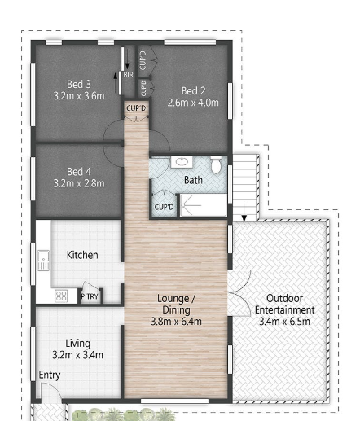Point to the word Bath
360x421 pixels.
[x=193, y=180]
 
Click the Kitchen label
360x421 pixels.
[x=82, y=255]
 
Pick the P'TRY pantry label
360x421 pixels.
[x=90, y=297]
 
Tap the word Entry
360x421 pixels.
[x=50, y=375]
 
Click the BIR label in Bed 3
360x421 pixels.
[x=128, y=76]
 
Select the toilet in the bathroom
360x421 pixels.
[x=216, y=164]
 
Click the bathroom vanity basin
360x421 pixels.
[x=180, y=163]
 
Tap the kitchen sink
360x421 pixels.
[x=42, y=261]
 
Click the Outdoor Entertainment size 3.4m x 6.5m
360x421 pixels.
[x=284, y=321]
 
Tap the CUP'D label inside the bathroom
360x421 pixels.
[x=165, y=208]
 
